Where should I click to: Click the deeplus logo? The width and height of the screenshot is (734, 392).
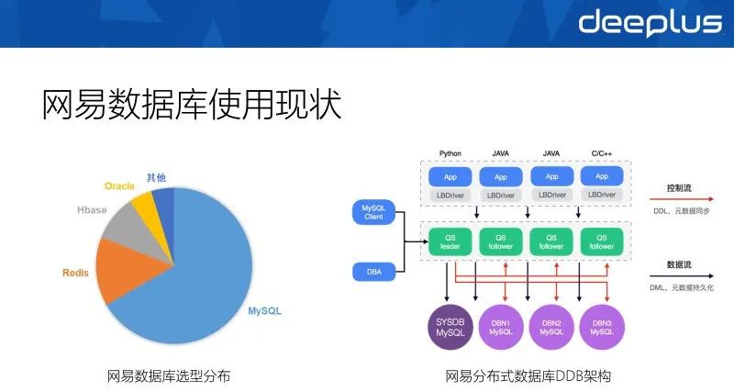[x=650, y=22]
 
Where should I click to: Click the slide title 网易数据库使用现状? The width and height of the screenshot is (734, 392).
[x=191, y=104]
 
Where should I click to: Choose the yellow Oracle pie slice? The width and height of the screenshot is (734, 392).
[x=145, y=202]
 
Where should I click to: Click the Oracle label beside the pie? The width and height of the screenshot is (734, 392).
[x=119, y=185]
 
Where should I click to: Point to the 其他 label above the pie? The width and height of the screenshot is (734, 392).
[x=157, y=177]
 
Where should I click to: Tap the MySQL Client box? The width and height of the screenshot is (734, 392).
[x=372, y=214]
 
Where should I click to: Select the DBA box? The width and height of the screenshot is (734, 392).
[x=372, y=272]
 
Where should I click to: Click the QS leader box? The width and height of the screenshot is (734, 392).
[x=450, y=241]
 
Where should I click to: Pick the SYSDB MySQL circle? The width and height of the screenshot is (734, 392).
[x=450, y=326]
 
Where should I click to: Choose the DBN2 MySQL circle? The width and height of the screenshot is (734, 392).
[x=551, y=326]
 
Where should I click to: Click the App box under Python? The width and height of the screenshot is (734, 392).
[x=450, y=175]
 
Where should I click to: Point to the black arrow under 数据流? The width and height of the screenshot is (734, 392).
[x=693, y=274]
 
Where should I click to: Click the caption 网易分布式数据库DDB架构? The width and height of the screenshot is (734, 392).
[x=528, y=376]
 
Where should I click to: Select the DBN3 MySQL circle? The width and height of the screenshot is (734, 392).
[x=602, y=326]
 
